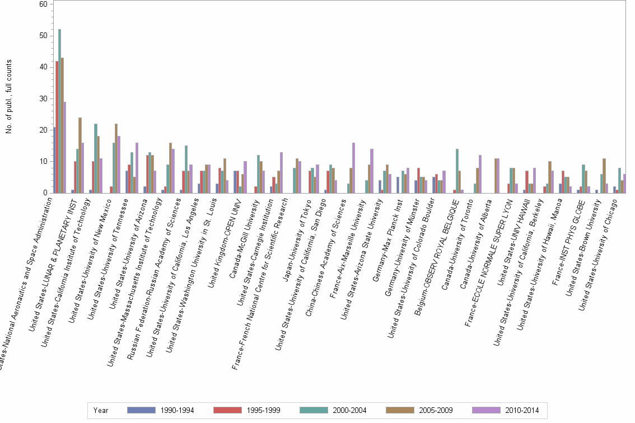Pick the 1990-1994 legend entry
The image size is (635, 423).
177,410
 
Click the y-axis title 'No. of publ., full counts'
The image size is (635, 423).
8,98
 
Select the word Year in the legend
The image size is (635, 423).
101,410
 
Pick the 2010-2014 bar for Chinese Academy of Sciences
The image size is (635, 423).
354,168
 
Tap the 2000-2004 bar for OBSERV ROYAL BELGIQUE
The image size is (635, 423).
457,171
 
